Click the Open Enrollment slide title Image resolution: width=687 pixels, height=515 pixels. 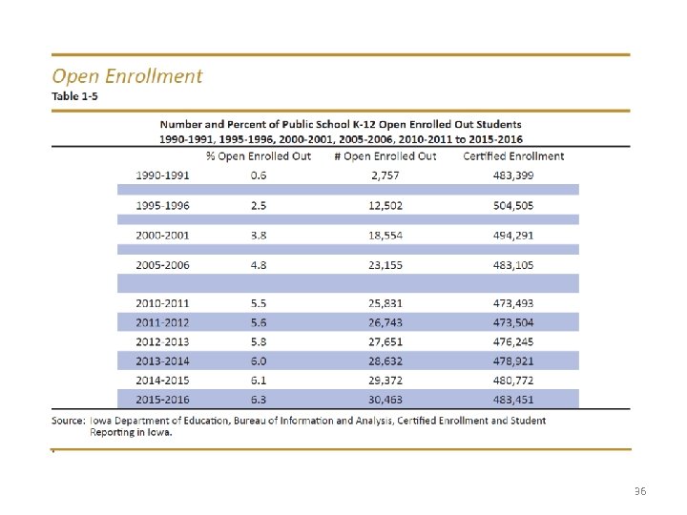[x=127, y=76]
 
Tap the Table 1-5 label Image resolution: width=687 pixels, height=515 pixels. [x=75, y=97]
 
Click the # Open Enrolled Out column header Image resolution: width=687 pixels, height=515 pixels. [x=385, y=155]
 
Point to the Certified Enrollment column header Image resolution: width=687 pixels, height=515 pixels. [x=513, y=155]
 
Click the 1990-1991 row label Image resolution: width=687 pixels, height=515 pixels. [x=163, y=175]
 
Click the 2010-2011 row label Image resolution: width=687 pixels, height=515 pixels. [x=163, y=303]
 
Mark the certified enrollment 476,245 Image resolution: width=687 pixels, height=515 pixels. [x=513, y=341]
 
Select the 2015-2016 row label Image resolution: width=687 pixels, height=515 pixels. [x=163, y=399]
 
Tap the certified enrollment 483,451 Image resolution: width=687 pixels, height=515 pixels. [x=513, y=399]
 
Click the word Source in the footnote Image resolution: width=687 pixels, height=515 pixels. [x=69, y=421]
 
